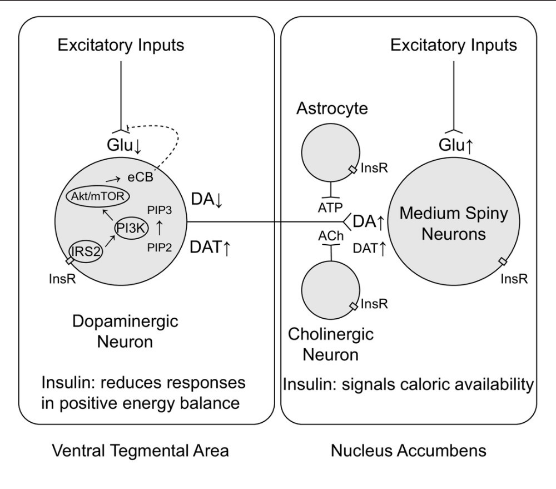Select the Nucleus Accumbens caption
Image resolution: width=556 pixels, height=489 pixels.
pos(409,450)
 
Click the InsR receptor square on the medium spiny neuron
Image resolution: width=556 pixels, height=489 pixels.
pos(503,261)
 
